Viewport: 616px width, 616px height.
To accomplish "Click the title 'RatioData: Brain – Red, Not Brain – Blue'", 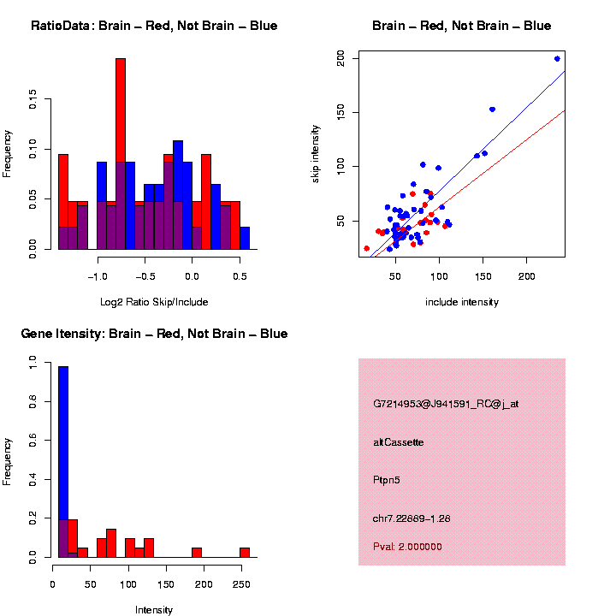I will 154,26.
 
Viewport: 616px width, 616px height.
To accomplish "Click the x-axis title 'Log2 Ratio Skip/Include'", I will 154,302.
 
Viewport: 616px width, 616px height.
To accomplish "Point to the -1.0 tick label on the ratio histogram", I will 98,277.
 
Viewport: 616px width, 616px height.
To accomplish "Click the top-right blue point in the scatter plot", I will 557,59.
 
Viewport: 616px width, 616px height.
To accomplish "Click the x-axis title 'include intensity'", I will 462,302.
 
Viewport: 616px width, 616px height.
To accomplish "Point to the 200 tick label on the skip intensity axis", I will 341,58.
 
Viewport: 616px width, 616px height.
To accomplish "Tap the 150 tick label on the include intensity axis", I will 483,277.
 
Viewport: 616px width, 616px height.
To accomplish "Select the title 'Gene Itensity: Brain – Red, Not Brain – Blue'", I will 154,334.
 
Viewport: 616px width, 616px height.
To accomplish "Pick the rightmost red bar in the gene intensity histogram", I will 245,553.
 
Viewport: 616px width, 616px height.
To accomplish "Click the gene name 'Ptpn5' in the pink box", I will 387,480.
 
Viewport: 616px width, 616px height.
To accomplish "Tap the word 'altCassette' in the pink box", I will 399,442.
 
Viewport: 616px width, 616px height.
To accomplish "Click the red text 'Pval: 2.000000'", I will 408,547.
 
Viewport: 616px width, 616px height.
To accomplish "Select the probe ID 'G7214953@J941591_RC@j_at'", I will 446,404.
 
